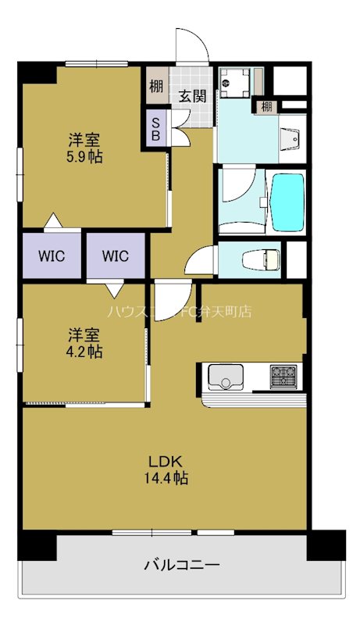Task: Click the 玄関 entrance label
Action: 192,96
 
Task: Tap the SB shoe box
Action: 156,128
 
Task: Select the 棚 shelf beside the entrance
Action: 156,86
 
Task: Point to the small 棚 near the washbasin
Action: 267,105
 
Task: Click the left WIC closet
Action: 51,255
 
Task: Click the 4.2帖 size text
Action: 84,352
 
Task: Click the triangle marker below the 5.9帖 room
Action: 52,221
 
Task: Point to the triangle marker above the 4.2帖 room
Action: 115,290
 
